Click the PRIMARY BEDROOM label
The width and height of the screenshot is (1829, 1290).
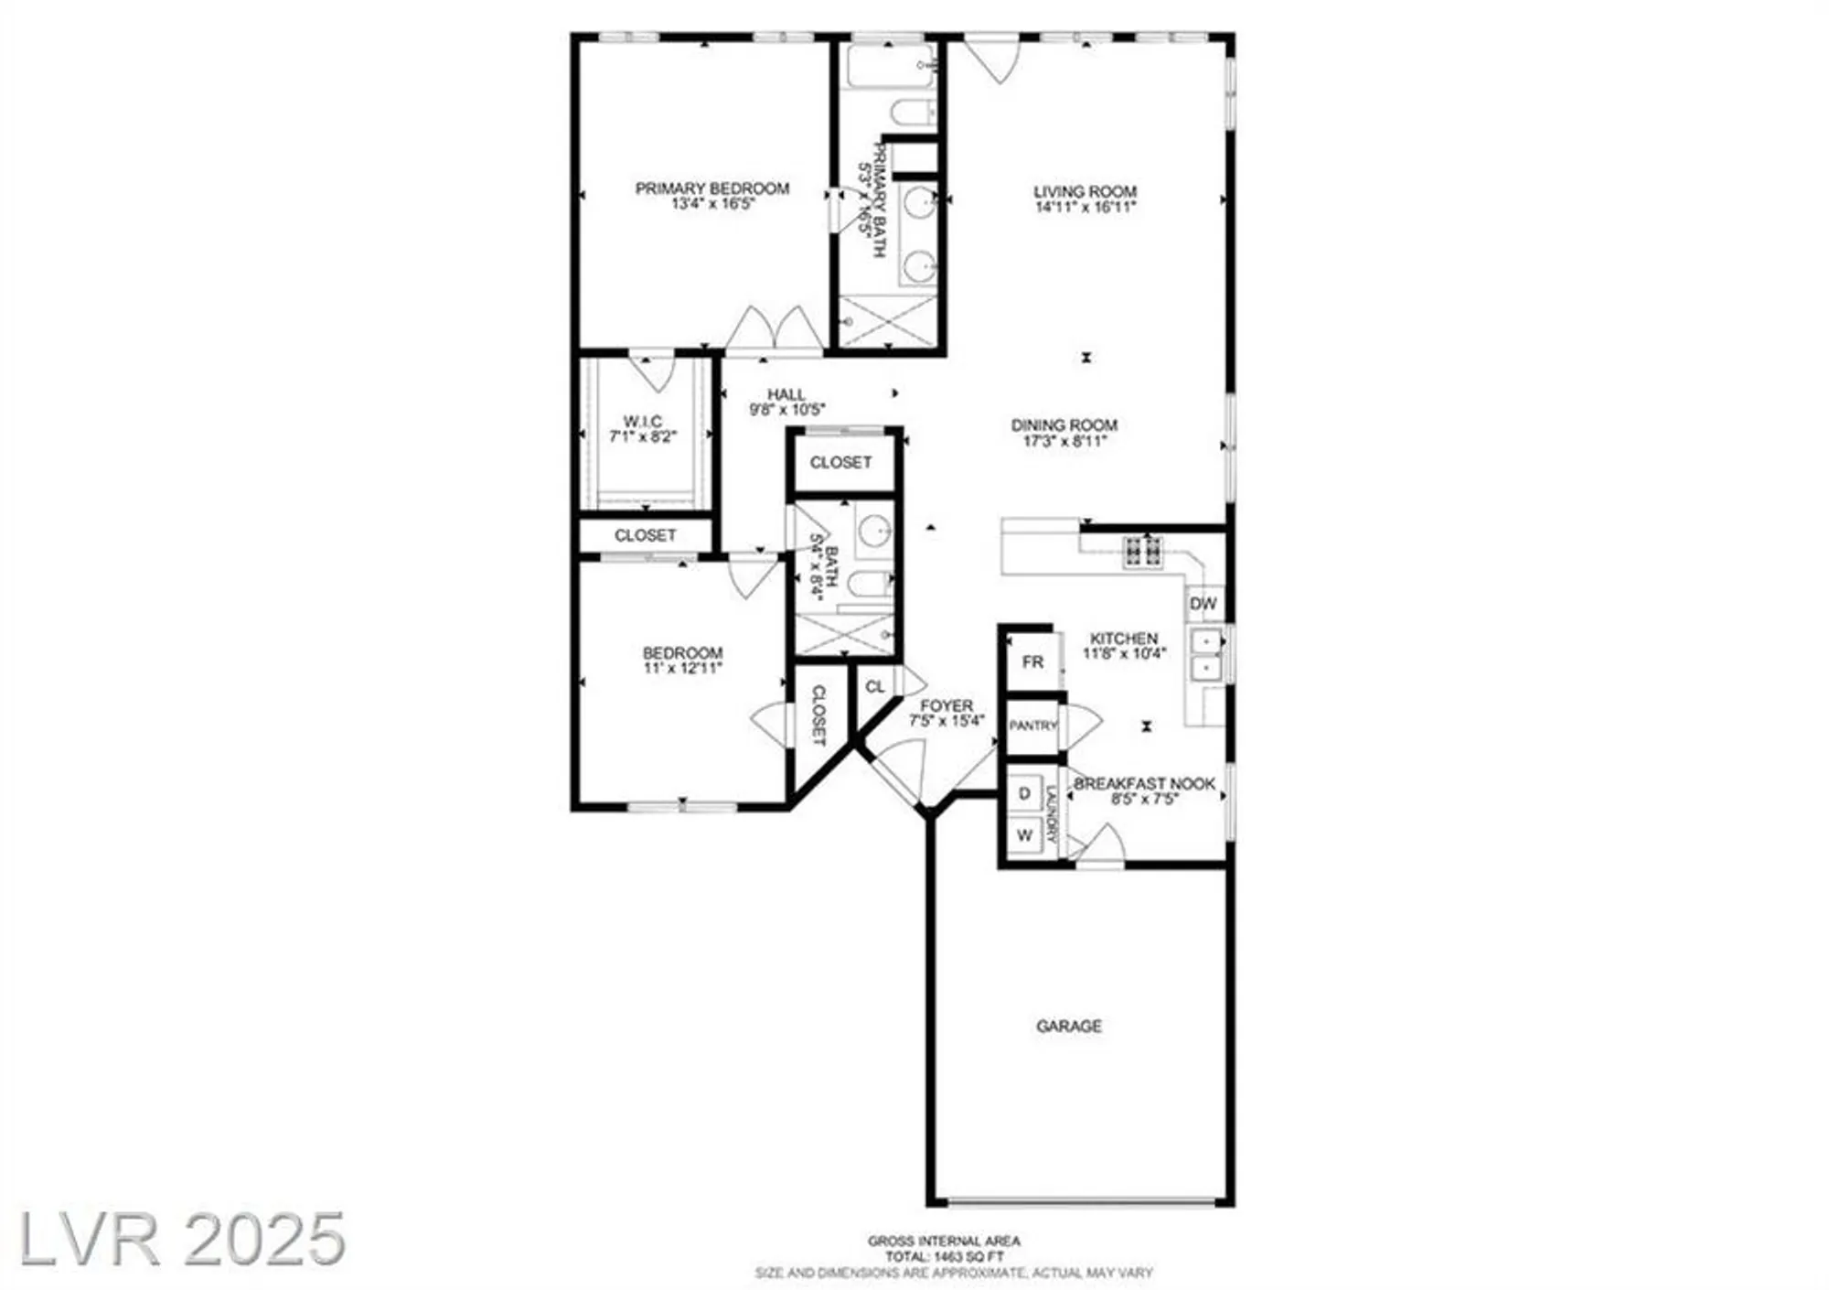click(x=711, y=188)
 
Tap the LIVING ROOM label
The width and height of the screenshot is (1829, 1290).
click(x=1085, y=191)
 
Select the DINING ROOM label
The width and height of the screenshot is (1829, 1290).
click(x=1064, y=425)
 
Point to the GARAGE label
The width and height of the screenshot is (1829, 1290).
click(x=1068, y=1026)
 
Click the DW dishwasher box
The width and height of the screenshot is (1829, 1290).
click(x=1203, y=604)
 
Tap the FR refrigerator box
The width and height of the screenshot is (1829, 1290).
click(x=1032, y=661)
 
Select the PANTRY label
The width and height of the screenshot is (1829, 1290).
click(x=1032, y=726)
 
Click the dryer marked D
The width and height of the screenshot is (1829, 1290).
click(x=1025, y=793)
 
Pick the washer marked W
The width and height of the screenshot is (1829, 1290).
click(x=1024, y=834)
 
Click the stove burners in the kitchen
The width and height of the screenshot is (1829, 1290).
click(x=1143, y=551)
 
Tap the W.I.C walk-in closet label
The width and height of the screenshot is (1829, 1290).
click(x=643, y=421)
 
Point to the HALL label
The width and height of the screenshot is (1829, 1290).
click(x=786, y=394)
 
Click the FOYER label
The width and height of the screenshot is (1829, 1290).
click(x=947, y=705)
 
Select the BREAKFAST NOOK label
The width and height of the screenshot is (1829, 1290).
click(x=1144, y=784)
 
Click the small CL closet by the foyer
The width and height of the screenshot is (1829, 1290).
click(x=875, y=686)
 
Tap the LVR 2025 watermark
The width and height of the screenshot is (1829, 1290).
click(x=183, y=1240)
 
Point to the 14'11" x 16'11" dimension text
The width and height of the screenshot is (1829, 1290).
click(x=1085, y=208)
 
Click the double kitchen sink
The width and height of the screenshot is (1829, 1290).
click(x=1207, y=655)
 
